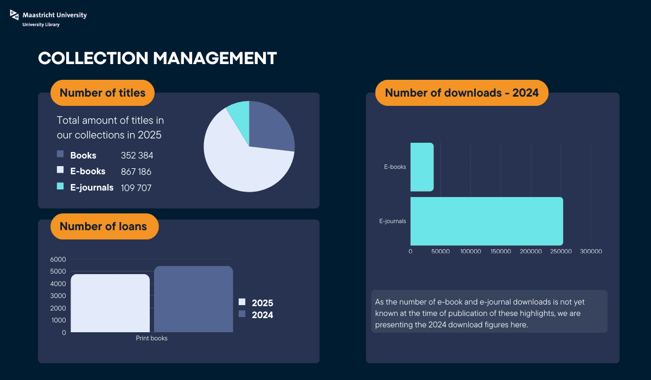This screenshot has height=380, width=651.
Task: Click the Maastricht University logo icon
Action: (x=14, y=17)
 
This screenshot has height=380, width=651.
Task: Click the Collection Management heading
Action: (x=157, y=59)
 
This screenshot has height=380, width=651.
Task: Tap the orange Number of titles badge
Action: (x=103, y=93)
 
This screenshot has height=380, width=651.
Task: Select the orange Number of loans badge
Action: (x=104, y=226)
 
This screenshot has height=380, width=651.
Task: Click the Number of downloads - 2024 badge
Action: (x=462, y=93)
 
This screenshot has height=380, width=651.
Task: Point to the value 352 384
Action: (x=137, y=156)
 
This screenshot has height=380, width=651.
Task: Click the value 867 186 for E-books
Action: (x=136, y=172)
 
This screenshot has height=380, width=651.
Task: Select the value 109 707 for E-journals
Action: (x=136, y=188)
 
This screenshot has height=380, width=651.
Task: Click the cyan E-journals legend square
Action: (x=60, y=186)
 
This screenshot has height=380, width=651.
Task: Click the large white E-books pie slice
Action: (x=239, y=163)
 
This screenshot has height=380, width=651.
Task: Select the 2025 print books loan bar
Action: (x=110, y=303)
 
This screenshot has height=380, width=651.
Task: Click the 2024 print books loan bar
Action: (x=194, y=299)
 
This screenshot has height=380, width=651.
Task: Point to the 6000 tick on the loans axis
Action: (x=59, y=259)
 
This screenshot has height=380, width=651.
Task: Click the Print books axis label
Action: (x=151, y=338)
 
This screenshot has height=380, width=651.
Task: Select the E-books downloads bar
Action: (x=422, y=167)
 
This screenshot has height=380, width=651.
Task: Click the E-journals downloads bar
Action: (x=487, y=221)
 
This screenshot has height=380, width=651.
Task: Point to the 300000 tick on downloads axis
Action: (x=591, y=251)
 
